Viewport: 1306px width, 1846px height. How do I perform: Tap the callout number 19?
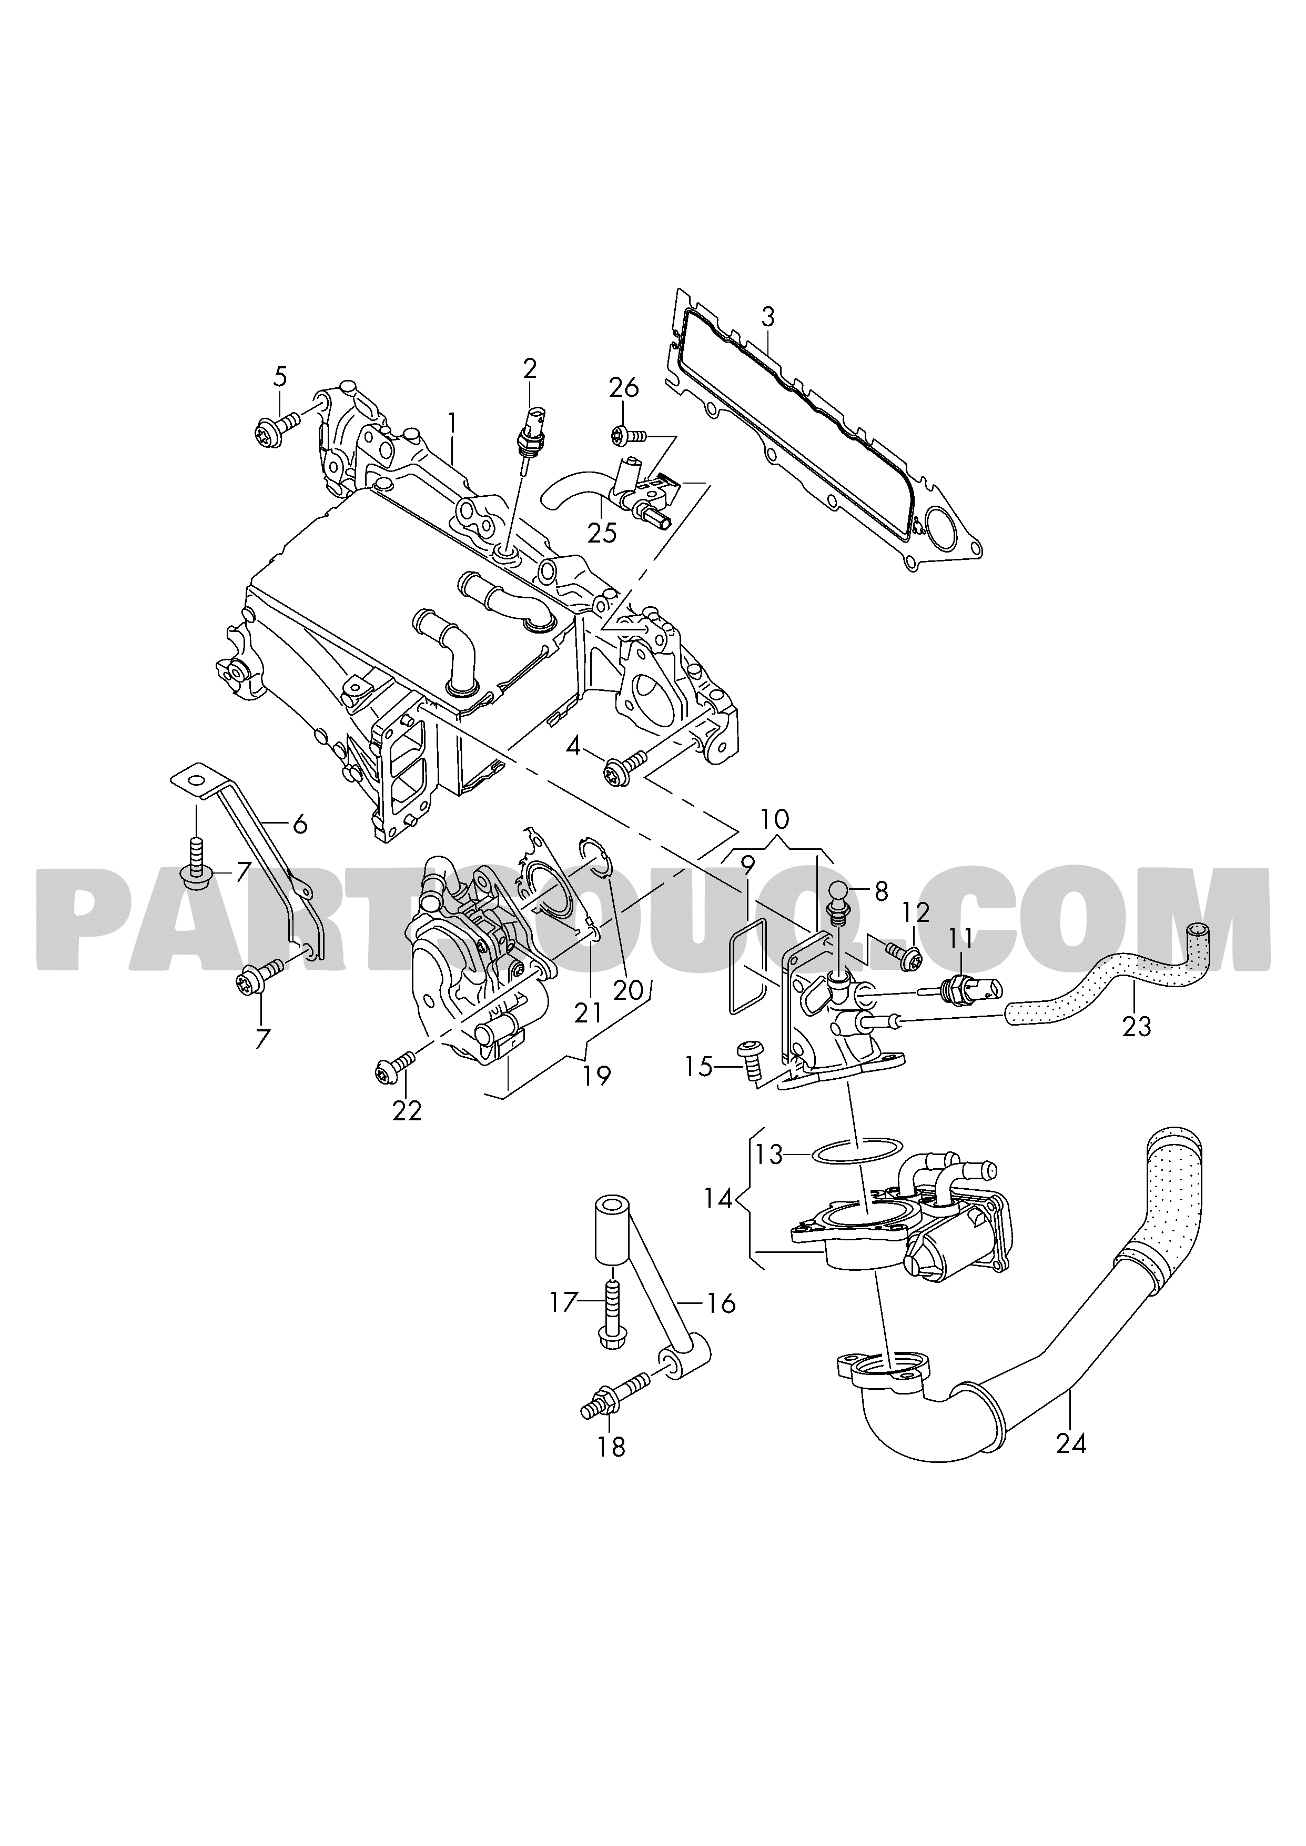click(596, 1076)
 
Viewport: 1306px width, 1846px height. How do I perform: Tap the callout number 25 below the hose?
click(602, 531)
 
